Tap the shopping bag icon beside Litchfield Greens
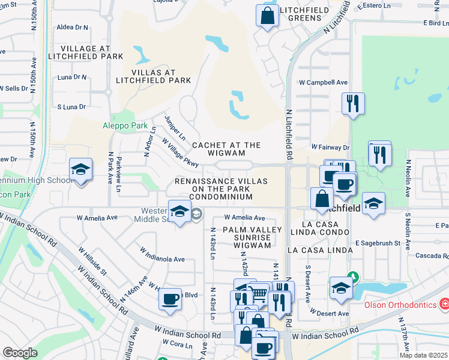click(x=267, y=16)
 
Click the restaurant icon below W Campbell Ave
click(x=353, y=103)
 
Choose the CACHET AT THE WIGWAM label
click(x=226, y=149)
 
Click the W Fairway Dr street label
click(x=330, y=147)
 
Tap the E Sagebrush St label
click(x=378, y=243)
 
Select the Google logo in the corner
click(x=20, y=352)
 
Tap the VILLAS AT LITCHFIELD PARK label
click(x=152, y=75)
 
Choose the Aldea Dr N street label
click(x=72, y=28)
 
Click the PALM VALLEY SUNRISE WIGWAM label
click(x=252, y=238)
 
